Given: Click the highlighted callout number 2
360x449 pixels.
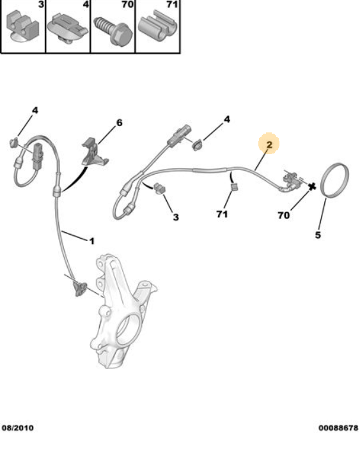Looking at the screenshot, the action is click(269, 145).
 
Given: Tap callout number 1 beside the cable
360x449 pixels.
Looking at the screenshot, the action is click(91, 241).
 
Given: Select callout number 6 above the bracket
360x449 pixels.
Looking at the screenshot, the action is click(119, 123).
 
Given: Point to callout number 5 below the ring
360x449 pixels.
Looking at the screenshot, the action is click(318, 235).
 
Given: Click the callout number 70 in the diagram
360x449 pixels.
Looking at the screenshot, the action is click(284, 215).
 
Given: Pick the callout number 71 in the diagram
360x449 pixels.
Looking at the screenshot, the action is click(222, 214).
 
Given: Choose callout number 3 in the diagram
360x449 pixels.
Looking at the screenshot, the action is click(176, 217).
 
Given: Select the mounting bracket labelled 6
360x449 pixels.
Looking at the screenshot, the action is click(95, 154).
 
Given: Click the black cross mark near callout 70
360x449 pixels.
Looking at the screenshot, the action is click(312, 187).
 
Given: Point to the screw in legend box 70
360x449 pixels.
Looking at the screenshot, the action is click(113, 30).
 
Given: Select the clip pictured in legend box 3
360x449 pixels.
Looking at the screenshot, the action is click(22, 26).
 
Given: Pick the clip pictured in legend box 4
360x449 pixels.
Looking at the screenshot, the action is click(67, 29).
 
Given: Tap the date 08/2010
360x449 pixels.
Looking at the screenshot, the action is click(18, 428).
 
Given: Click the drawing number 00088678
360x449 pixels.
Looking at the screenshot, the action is click(338, 428).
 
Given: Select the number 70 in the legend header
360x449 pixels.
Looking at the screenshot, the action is click(128, 4).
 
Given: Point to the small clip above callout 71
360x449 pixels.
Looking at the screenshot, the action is click(235, 187).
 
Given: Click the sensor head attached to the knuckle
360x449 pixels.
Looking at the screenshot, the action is click(79, 288).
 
